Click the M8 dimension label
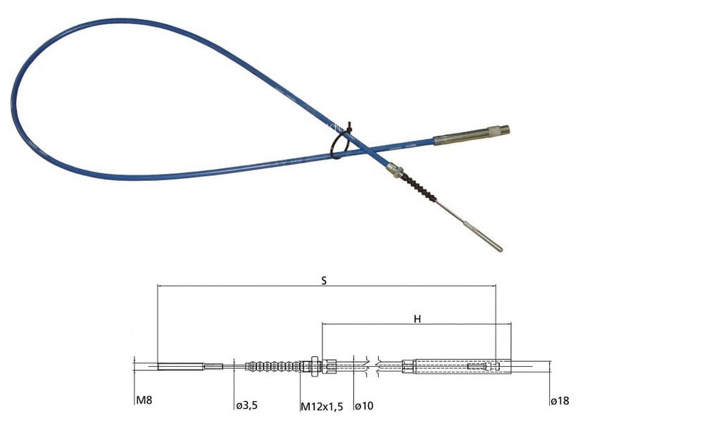click(x=144, y=400)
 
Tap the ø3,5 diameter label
click(x=247, y=405)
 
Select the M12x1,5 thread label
click(x=322, y=407)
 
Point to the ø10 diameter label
click(x=364, y=406)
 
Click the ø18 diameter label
click(x=560, y=401)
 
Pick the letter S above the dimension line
click(x=324, y=281)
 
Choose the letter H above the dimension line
click(x=417, y=319)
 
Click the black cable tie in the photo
click(x=341, y=141)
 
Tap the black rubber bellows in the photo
click(x=418, y=187)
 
